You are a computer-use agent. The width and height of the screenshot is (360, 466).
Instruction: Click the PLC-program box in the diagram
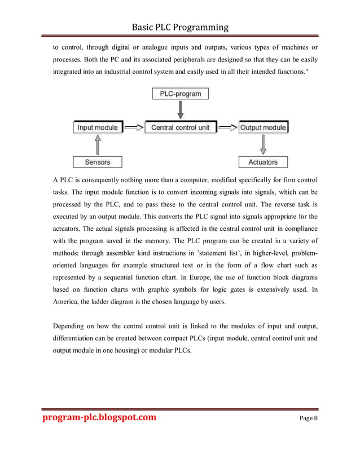(x=180, y=93)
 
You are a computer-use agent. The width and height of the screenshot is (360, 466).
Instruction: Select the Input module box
(x=97, y=128)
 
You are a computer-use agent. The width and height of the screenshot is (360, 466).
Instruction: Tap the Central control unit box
(x=180, y=128)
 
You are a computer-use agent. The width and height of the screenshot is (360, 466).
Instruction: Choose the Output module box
(x=263, y=128)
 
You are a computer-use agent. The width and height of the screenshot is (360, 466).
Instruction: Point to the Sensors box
(x=97, y=162)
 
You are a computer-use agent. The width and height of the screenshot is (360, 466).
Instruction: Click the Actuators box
(x=263, y=162)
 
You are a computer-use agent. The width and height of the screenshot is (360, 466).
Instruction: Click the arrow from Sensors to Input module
(x=97, y=145)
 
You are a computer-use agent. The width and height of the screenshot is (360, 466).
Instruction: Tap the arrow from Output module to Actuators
(x=263, y=145)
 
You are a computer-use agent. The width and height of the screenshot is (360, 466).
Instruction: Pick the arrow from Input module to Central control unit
(x=133, y=128)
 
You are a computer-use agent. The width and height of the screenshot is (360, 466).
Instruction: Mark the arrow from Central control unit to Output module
(x=228, y=128)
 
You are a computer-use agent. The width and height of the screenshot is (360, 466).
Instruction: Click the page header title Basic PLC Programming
(x=180, y=27)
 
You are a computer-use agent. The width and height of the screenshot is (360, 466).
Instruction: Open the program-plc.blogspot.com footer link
(x=99, y=417)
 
